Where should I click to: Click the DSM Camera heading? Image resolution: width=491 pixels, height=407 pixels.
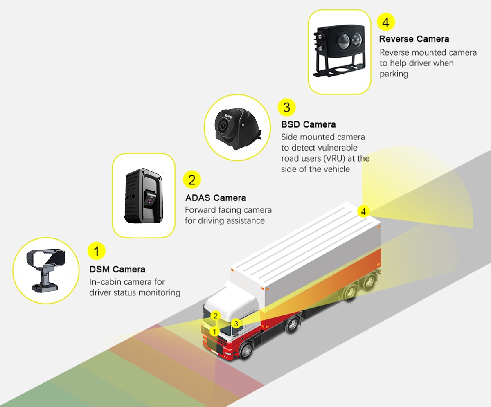[x=117, y=269]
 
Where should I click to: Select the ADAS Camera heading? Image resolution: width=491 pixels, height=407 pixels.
[x=216, y=198]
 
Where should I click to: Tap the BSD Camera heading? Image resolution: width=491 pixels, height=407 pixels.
[x=308, y=124]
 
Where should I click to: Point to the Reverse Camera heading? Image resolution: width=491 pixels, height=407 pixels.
[x=414, y=39]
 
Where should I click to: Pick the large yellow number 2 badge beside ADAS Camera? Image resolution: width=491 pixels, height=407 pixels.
[x=192, y=179]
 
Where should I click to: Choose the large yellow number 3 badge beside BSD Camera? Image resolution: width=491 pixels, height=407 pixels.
[x=286, y=107]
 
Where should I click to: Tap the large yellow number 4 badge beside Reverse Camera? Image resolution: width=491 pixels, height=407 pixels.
[x=385, y=22]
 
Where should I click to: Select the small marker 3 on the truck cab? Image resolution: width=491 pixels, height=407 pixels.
[x=235, y=323]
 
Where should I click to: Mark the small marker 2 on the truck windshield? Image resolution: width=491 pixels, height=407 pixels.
[x=216, y=315]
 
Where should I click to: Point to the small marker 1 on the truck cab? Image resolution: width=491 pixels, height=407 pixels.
[x=214, y=331]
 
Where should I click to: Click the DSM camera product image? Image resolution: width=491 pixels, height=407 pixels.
[x=45, y=268]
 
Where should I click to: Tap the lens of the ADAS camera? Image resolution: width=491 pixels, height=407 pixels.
[x=150, y=200]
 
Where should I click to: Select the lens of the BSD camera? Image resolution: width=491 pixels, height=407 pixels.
[x=223, y=126]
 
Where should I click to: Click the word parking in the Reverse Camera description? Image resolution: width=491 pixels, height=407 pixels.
[x=394, y=74]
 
